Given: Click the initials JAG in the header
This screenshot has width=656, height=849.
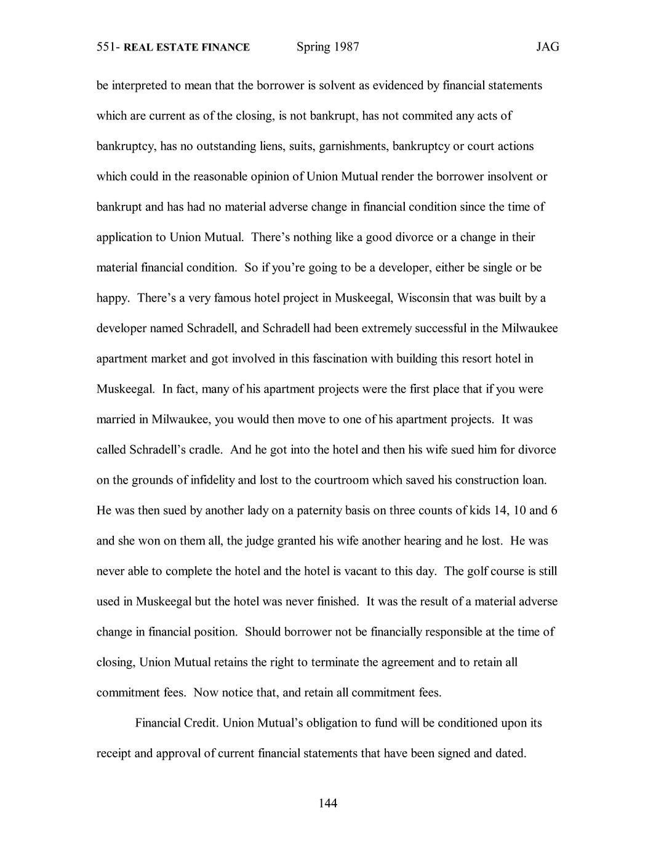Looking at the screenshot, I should point(547,47).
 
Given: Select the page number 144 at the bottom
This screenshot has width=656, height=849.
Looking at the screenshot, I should point(328,803).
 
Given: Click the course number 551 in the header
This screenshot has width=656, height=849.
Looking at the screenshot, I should point(107,47).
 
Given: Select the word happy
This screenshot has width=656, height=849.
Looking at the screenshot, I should point(113,298).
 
